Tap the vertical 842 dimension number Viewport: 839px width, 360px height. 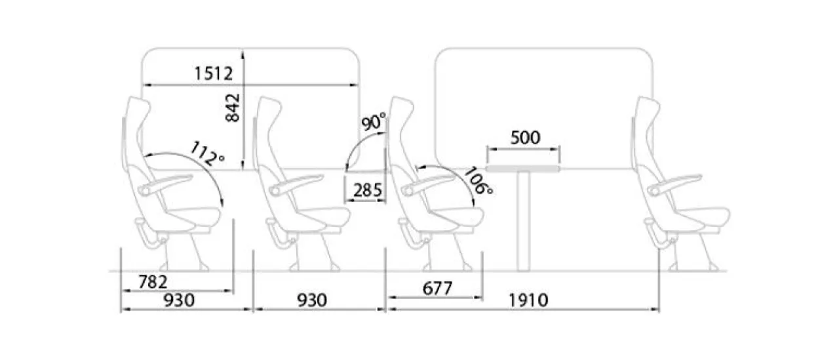232,108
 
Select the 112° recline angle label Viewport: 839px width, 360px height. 207,154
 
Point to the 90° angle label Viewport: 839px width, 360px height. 374,121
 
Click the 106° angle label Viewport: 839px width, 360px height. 478,181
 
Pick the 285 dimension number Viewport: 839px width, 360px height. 368,190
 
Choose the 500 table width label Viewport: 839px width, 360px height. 525,138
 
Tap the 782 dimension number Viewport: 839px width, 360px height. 153,282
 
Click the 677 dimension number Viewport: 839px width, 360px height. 437,289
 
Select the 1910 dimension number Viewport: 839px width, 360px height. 528,300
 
